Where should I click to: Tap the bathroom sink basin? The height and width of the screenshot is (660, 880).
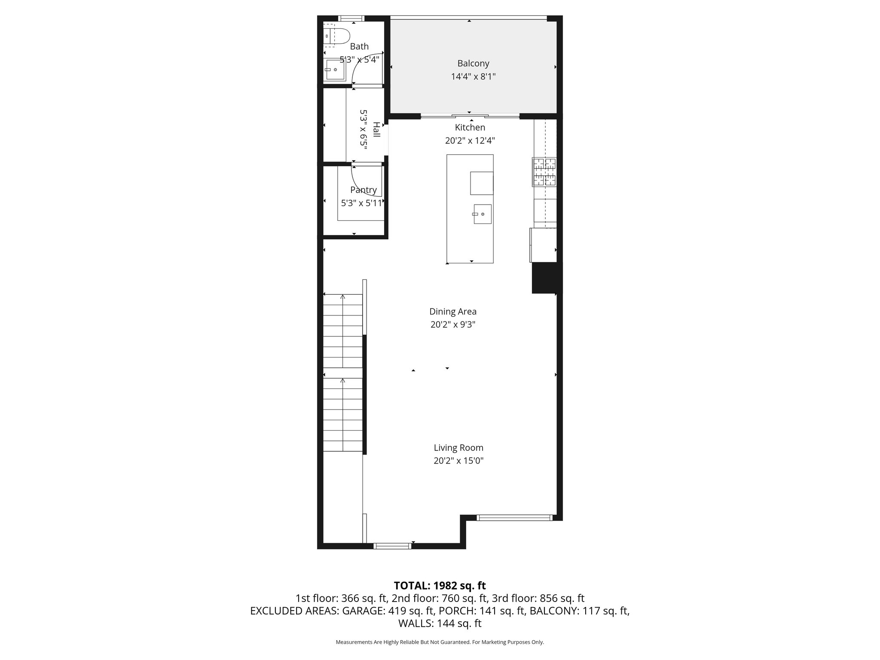click(334, 70)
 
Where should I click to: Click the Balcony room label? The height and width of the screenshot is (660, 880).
click(473, 64)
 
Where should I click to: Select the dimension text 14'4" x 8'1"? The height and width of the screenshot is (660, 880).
click(473, 77)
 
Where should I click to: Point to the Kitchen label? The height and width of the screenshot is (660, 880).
click(470, 128)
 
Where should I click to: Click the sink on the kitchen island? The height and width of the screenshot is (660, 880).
click(483, 214)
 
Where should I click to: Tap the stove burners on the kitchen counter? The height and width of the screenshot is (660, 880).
click(544, 172)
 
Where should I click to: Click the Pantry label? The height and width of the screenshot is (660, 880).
click(364, 190)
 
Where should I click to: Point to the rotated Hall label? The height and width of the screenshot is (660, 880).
click(376, 130)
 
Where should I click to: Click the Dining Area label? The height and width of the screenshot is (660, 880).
click(453, 312)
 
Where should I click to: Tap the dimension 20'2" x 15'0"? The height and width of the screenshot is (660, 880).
click(458, 461)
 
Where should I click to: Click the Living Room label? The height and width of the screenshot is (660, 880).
click(458, 448)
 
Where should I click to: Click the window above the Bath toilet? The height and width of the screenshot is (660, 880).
click(351, 18)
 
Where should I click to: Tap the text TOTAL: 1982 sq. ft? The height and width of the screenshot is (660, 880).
click(440, 586)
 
